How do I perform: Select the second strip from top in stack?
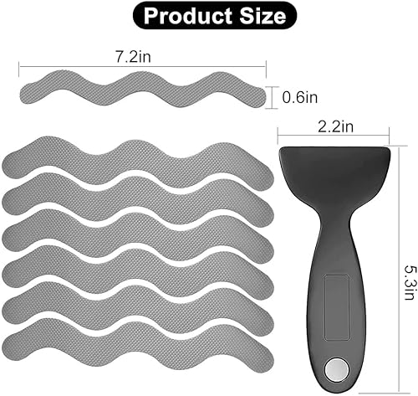pyautogui.click(x=134, y=198)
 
